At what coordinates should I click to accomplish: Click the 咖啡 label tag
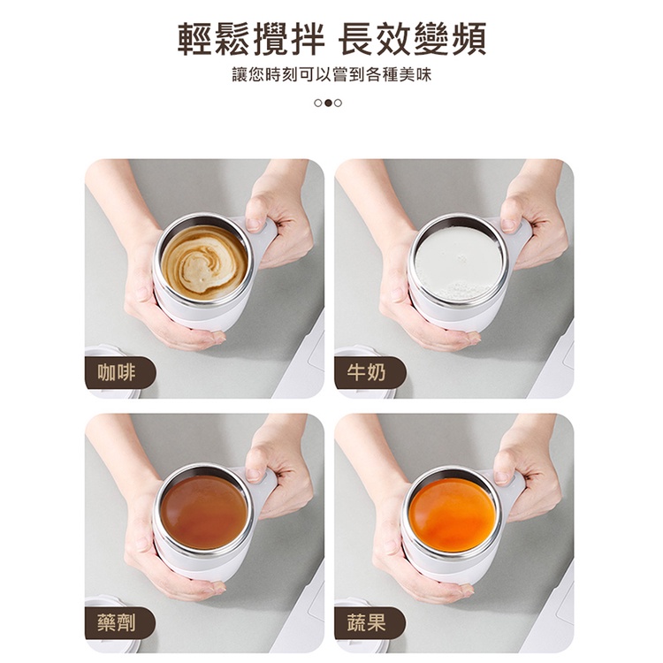[x=120, y=372]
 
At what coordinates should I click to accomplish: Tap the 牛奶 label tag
[x=370, y=372]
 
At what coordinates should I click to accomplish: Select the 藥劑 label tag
[x=120, y=623]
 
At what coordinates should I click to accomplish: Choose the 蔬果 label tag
[x=370, y=623]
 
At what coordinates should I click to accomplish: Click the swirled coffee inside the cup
[x=204, y=263]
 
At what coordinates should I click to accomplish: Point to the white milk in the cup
[x=457, y=263]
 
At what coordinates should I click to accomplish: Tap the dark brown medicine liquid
[x=204, y=513]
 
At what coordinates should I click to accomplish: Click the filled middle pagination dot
[x=328, y=103]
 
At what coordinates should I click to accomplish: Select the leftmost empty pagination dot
[x=318, y=103]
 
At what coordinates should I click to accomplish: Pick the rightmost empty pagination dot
[x=338, y=103]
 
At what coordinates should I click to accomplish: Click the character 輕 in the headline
[x=195, y=39]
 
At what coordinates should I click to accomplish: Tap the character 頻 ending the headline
[x=468, y=39]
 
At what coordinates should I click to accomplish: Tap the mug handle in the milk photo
[x=517, y=236]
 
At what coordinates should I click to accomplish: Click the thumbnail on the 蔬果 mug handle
[x=503, y=477]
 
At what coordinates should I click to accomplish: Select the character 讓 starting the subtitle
[x=240, y=75]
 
